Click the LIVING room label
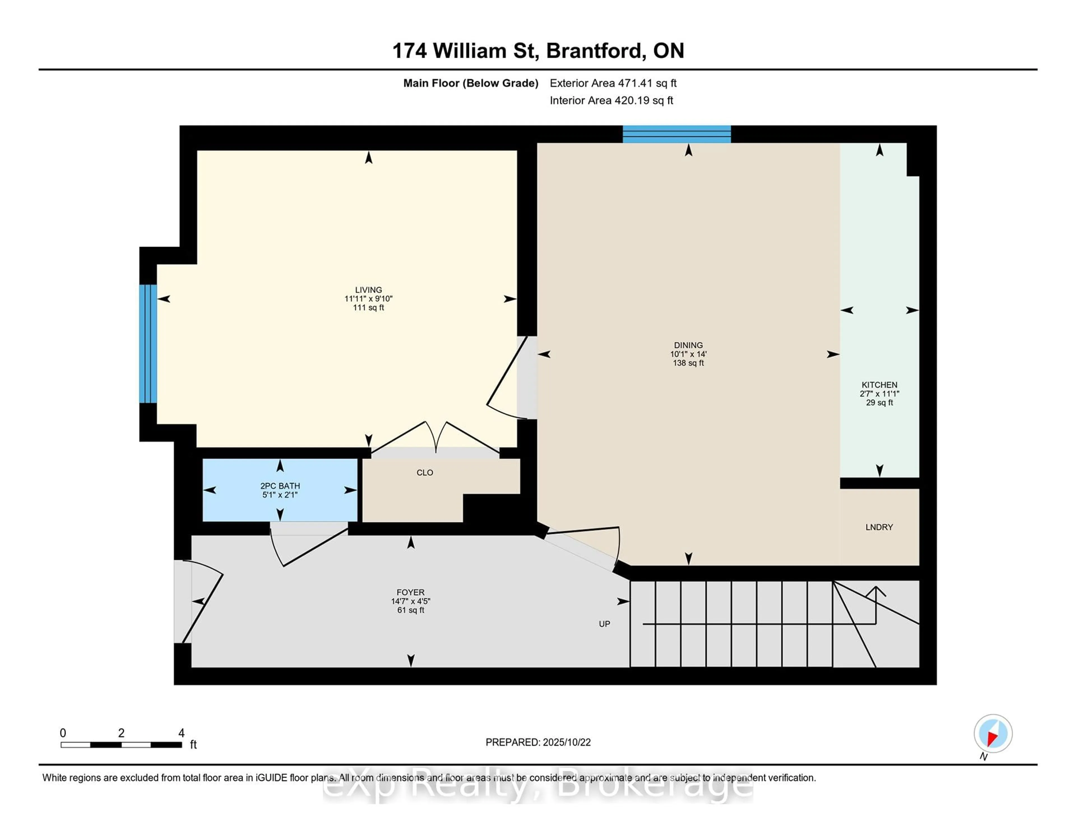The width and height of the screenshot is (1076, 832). click(368, 290)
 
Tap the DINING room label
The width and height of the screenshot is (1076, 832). click(688, 345)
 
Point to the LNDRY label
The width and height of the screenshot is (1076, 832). click(879, 527)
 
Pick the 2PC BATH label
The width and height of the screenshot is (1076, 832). click(280, 486)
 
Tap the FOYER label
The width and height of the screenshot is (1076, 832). click(411, 592)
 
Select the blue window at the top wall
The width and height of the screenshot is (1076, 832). click(676, 134)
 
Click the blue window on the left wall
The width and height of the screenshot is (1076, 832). click(148, 344)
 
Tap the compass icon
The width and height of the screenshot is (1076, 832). click(993, 733)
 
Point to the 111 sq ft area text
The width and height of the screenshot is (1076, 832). click(368, 308)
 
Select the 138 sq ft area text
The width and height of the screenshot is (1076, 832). click(688, 363)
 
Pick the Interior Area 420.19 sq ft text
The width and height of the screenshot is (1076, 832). click(611, 101)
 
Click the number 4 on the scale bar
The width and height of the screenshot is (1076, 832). click(181, 733)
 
